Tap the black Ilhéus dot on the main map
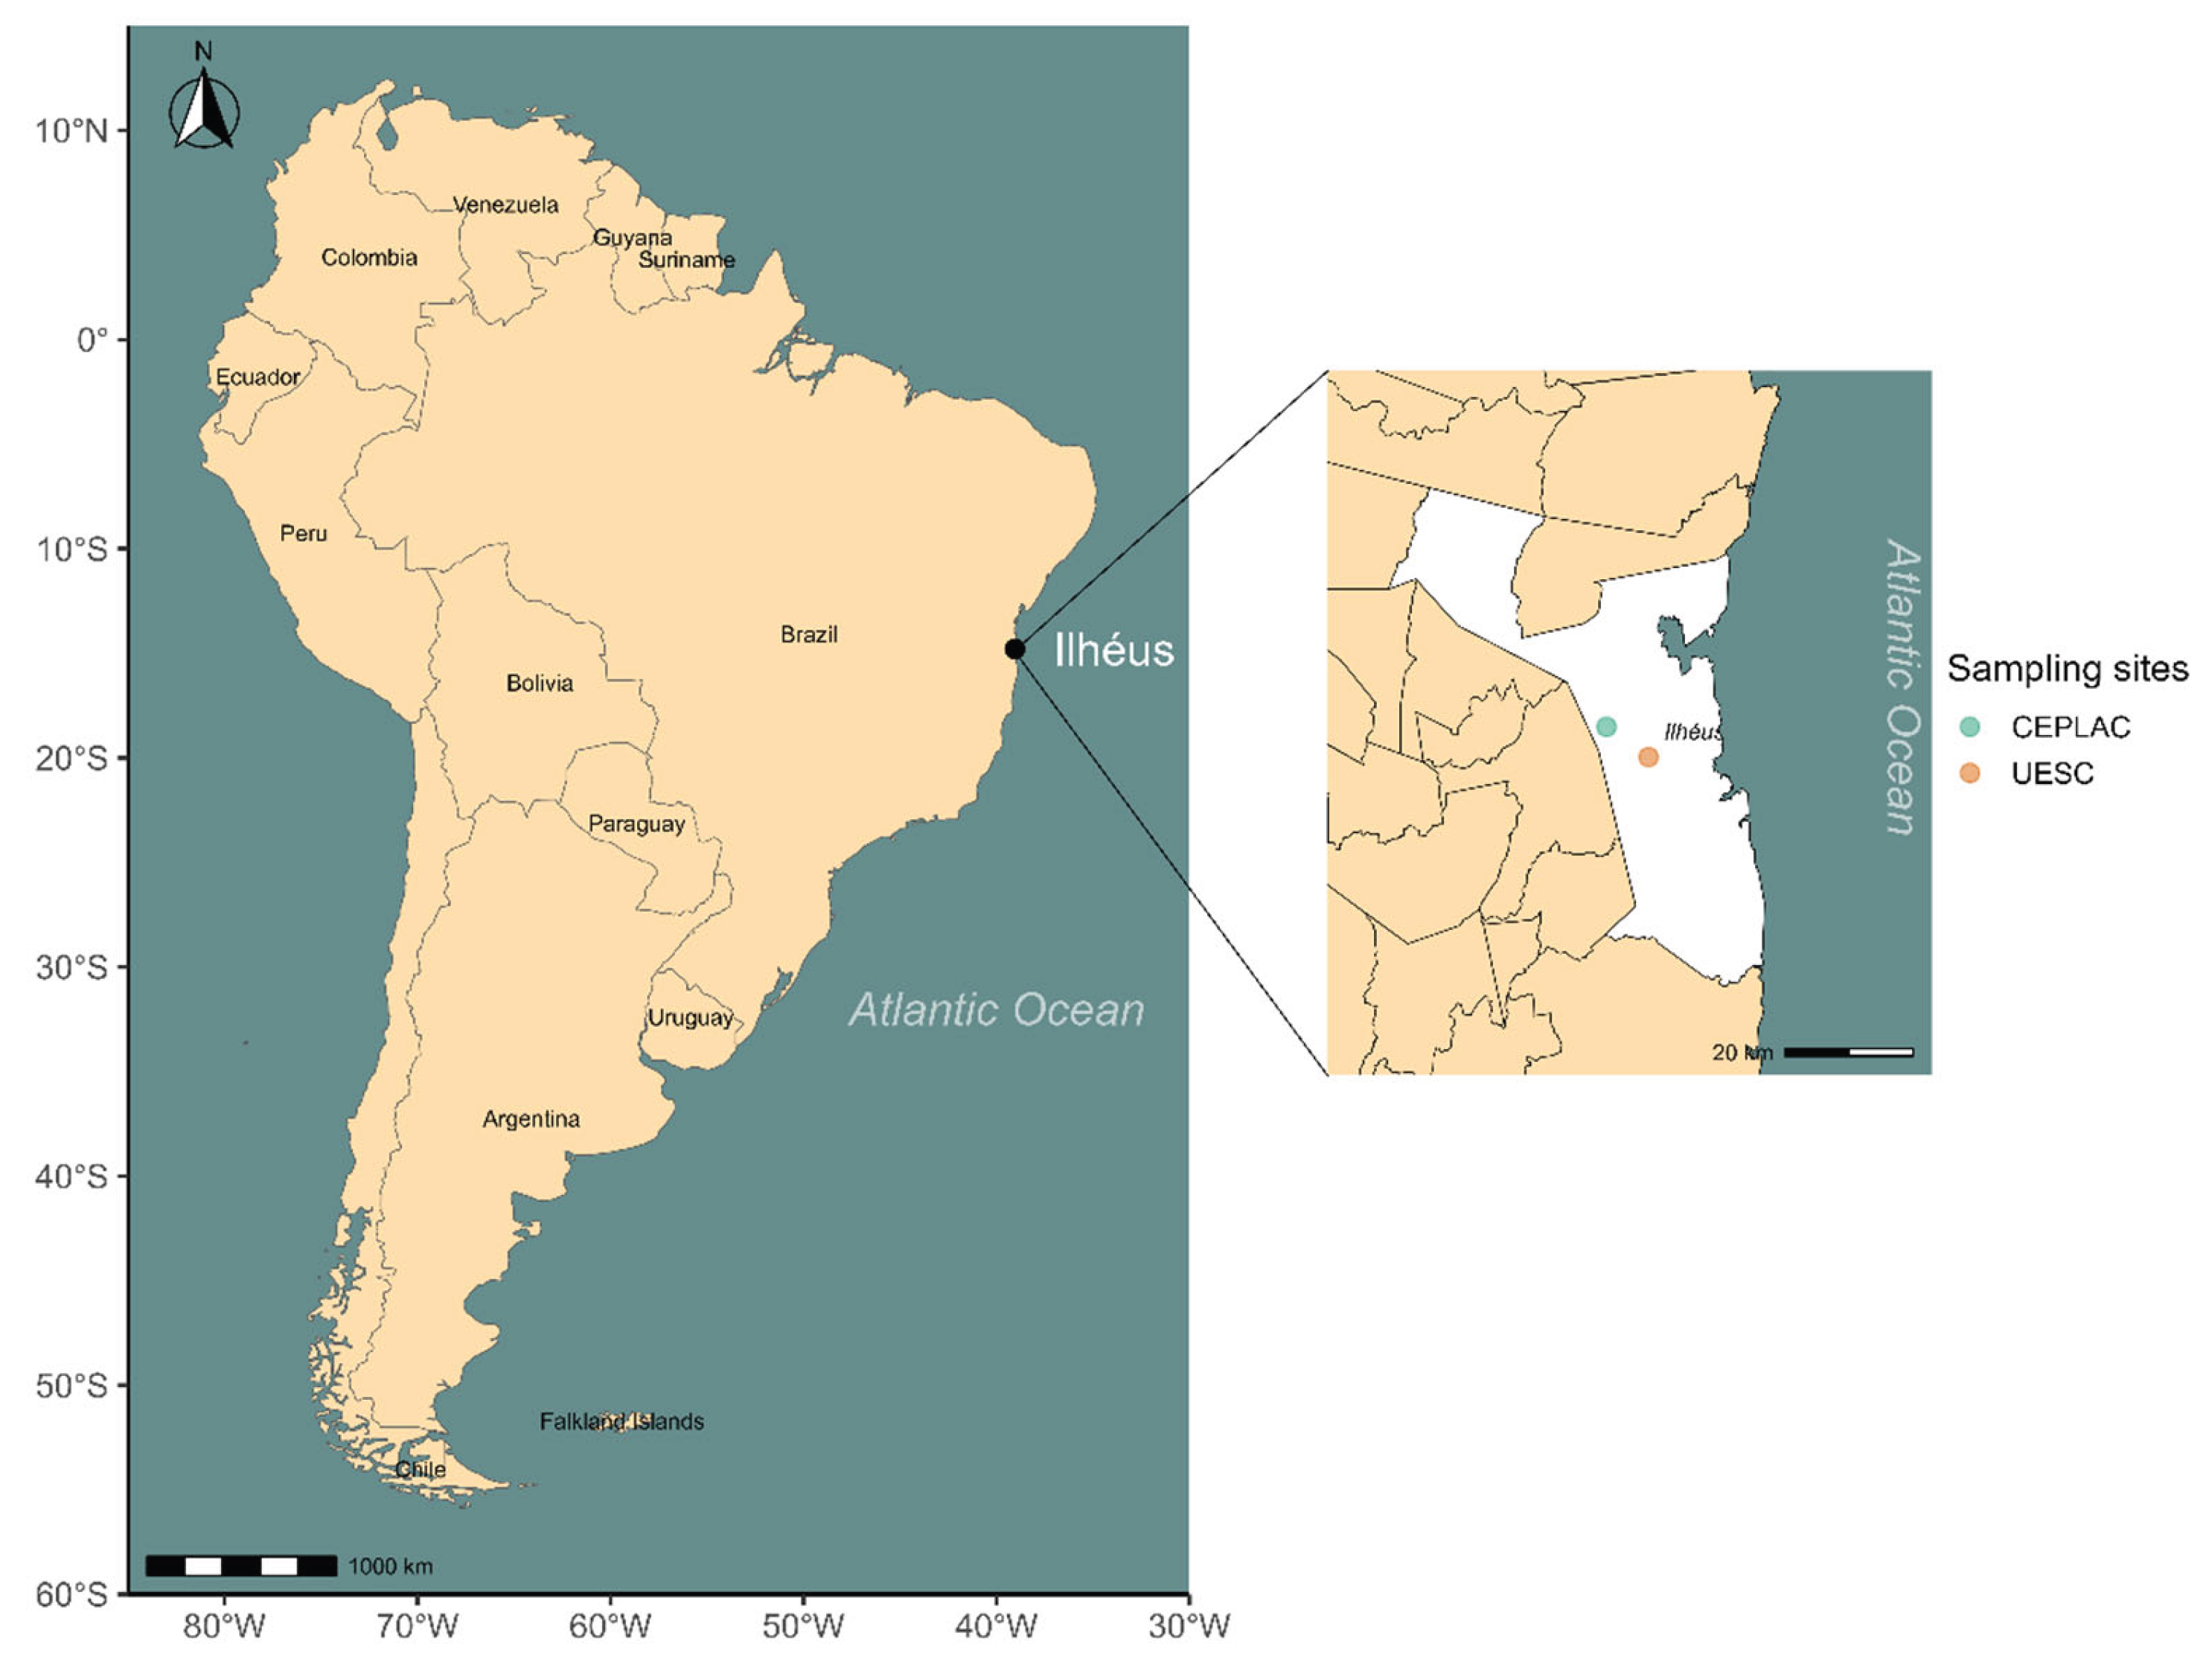[x=1014, y=649]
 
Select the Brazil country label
[x=809, y=634]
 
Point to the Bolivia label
[x=540, y=684]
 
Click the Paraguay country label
[x=636, y=824]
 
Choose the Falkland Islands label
[x=621, y=1421]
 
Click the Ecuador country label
[x=258, y=377]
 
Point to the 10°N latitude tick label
[x=71, y=131]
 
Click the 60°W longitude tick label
[x=610, y=1626]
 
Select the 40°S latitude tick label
[x=71, y=1176]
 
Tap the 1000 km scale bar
[x=241, y=1566]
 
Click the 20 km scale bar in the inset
[x=1848, y=1052]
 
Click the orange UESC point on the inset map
[x=1649, y=757]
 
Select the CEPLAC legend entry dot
[x=1969, y=727]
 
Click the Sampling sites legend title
[x=2067, y=669]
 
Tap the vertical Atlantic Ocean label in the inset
[x=1902, y=687]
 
